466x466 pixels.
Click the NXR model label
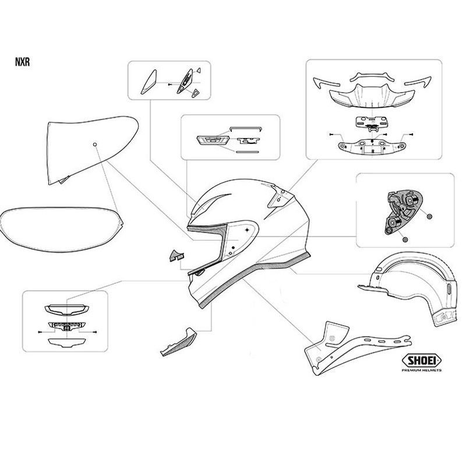pyautogui.click(x=22, y=62)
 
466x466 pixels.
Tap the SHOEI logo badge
pyautogui.click(x=421, y=361)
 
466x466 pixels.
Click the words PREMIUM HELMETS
pyautogui.click(x=421, y=370)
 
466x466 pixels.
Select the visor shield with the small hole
pyautogui.click(x=92, y=150)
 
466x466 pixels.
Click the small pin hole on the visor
pyautogui.click(x=95, y=144)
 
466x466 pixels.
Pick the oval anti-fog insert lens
pyautogui.click(x=62, y=229)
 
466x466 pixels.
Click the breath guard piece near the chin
pyautogui.click(x=176, y=256)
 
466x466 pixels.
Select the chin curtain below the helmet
pyautogui.click(x=178, y=342)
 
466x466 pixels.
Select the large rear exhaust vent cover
pyautogui.click(x=372, y=97)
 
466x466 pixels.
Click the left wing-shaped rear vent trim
pyautogui.click(x=326, y=83)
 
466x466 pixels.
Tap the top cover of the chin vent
pyautogui.click(x=67, y=310)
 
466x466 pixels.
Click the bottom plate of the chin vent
pyautogui.click(x=67, y=343)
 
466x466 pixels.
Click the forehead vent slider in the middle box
pyautogui.click(x=213, y=140)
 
